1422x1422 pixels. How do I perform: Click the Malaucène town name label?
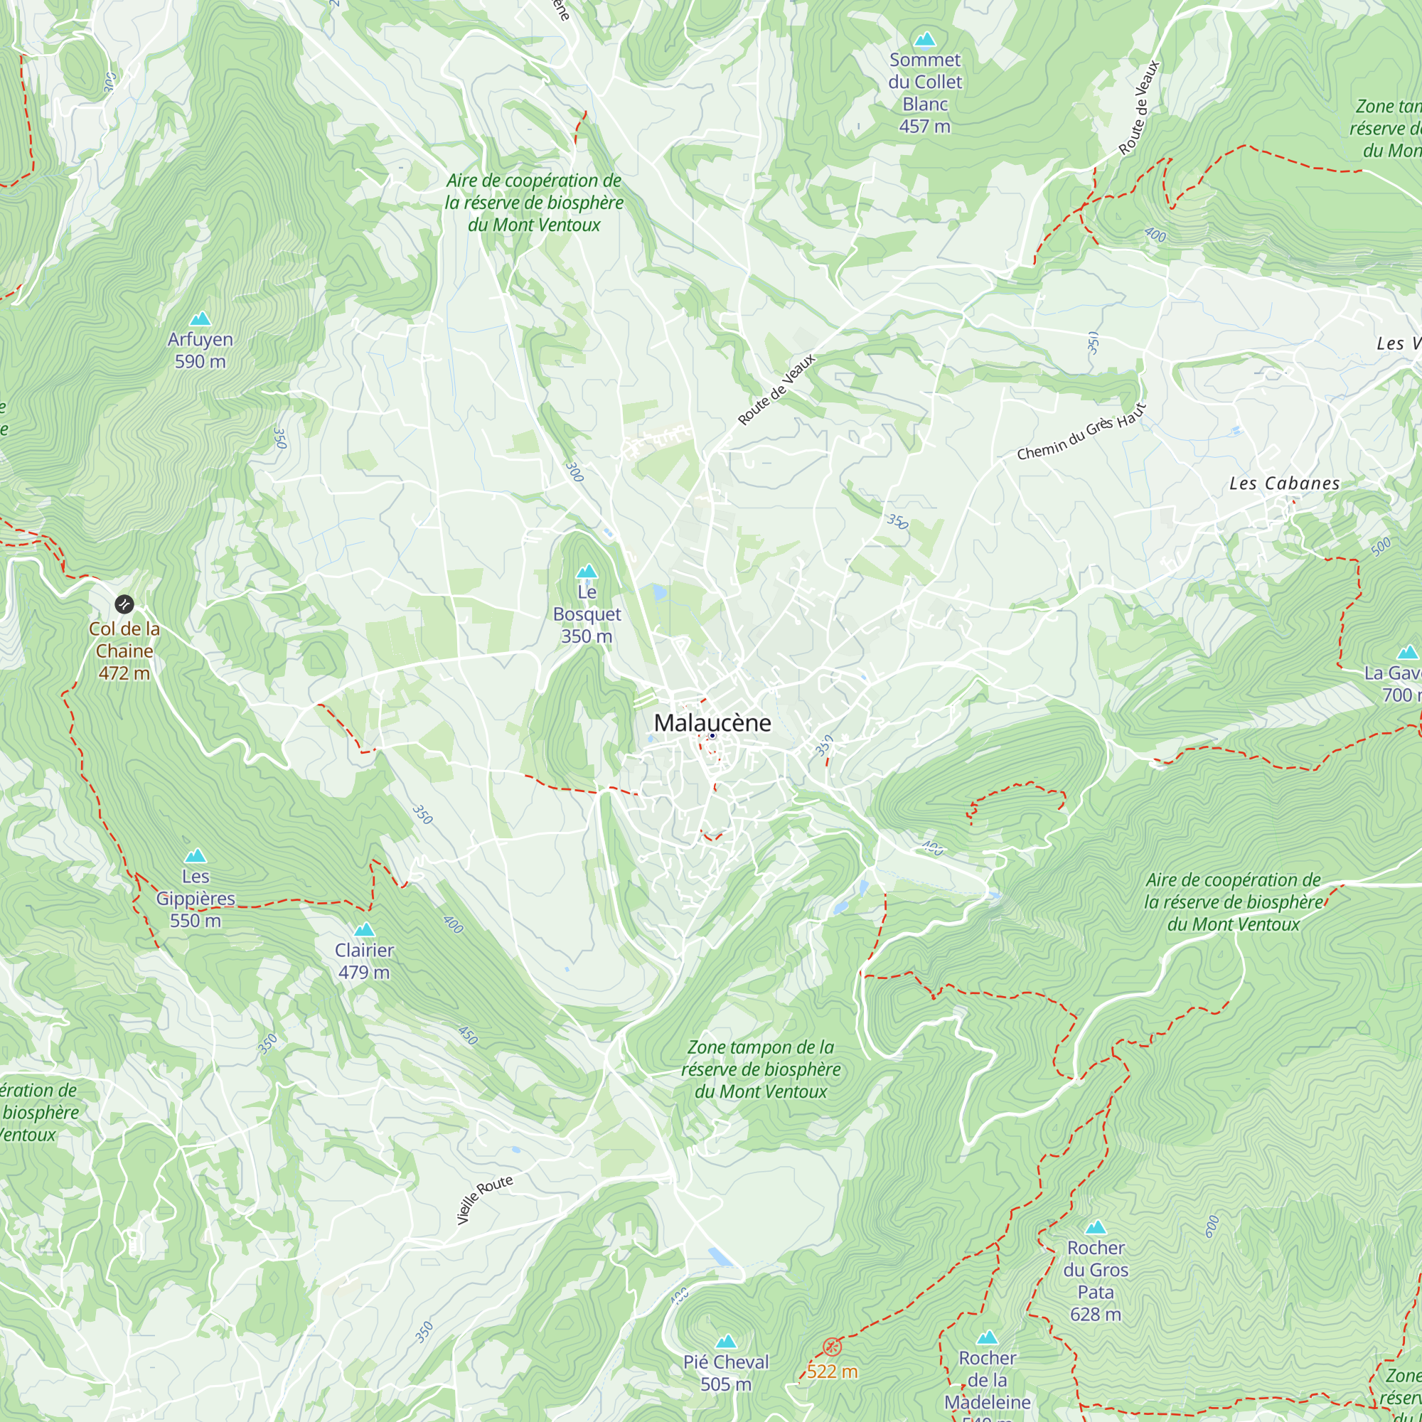pos(712,723)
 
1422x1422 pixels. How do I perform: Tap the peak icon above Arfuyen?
pos(201,319)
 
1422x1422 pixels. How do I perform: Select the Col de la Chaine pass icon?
pos(124,604)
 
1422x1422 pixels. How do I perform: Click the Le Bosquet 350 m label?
pos(587,614)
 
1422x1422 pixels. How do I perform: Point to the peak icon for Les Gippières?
pos(195,855)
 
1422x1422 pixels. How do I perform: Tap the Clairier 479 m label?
pos(364,961)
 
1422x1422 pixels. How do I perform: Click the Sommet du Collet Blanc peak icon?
pos(924,39)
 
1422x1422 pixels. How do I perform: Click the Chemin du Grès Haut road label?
pos(1081,433)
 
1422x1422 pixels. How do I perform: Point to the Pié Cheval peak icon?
pos(726,1341)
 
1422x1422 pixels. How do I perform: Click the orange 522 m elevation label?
pos(832,1372)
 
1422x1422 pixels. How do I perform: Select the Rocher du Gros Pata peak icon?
pos(1095,1227)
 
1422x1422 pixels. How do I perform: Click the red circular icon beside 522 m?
pos(832,1346)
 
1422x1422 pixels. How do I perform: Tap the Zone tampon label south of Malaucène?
pos(760,1069)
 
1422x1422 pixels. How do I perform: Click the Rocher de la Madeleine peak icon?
pos(987,1337)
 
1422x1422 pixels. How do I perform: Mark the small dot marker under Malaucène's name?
pos(712,736)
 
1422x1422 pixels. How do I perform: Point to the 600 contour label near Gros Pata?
pos(1211,1226)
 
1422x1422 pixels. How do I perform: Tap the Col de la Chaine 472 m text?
pos(124,651)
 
